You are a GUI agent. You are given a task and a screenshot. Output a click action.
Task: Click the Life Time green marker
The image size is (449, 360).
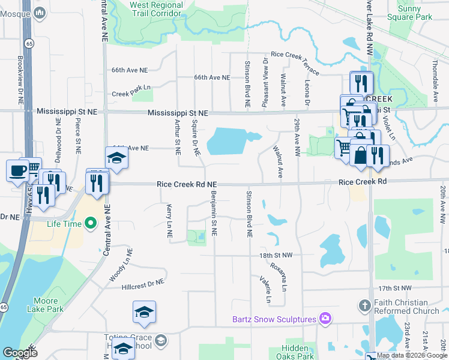[x=91, y=224]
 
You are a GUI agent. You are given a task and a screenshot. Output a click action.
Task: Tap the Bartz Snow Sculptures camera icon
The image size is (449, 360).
[x=325, y=318]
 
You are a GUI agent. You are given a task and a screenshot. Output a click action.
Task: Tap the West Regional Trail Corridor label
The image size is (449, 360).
[x=156, y=9]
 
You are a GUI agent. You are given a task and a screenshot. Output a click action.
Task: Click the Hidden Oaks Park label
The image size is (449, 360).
[x=295, y=352]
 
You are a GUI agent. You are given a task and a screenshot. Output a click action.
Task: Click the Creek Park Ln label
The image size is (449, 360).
[x=131, y=94]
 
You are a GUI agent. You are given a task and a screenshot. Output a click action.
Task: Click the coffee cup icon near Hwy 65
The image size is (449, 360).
[x=17, y=170]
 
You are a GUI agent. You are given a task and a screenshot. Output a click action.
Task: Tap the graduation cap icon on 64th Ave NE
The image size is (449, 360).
[x=117, y=157]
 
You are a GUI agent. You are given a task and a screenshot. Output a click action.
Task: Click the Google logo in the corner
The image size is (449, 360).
[x=20, y=352]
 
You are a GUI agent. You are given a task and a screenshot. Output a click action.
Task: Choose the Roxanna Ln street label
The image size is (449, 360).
[x=279, y=277]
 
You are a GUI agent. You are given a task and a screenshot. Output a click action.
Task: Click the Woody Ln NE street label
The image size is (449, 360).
[x=120, y=271]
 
